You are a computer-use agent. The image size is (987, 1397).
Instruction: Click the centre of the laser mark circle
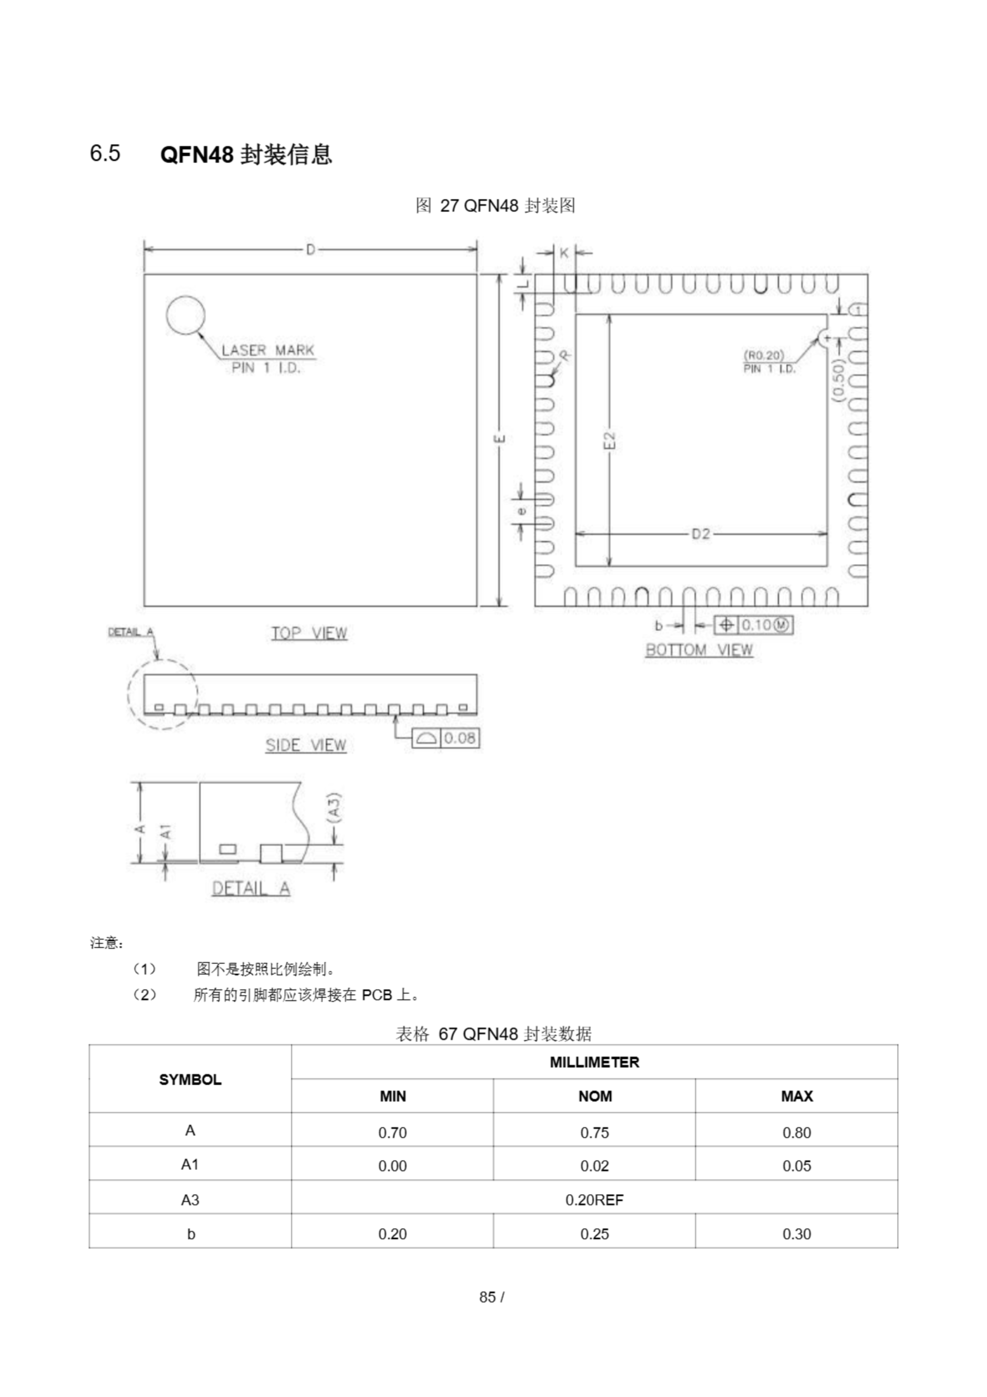click(x=185, y=315)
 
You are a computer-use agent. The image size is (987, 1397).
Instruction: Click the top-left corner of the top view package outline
click(x=144, y=274)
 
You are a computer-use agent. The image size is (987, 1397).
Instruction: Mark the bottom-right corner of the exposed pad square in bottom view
click(x=827, y=566)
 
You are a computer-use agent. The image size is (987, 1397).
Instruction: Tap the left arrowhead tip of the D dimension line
click(x=145, y=249)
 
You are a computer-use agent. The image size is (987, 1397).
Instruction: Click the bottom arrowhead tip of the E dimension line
click(x=499, y=606)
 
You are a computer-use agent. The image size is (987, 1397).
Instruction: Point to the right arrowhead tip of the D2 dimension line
click(x=827, y=534)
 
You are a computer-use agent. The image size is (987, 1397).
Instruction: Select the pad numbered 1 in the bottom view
click(x=857, y=311)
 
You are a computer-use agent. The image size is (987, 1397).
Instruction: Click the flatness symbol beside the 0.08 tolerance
click(x=426, y=739)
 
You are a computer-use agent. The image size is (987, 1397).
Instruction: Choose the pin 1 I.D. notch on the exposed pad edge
click(x=825, y=337)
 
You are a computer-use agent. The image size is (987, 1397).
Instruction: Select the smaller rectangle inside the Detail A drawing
click(x=228, y=849)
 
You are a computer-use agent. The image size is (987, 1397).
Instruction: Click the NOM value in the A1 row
click(x=594, y=1166)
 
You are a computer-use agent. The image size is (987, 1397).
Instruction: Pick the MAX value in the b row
click(x=797, y=1234)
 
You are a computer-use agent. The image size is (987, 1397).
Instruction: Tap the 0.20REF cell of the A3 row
click(x=594, y=1200)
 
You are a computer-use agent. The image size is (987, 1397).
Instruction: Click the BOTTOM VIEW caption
click(x=700, y=650)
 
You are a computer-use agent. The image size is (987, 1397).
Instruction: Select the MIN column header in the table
click(x=392, y=1096)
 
